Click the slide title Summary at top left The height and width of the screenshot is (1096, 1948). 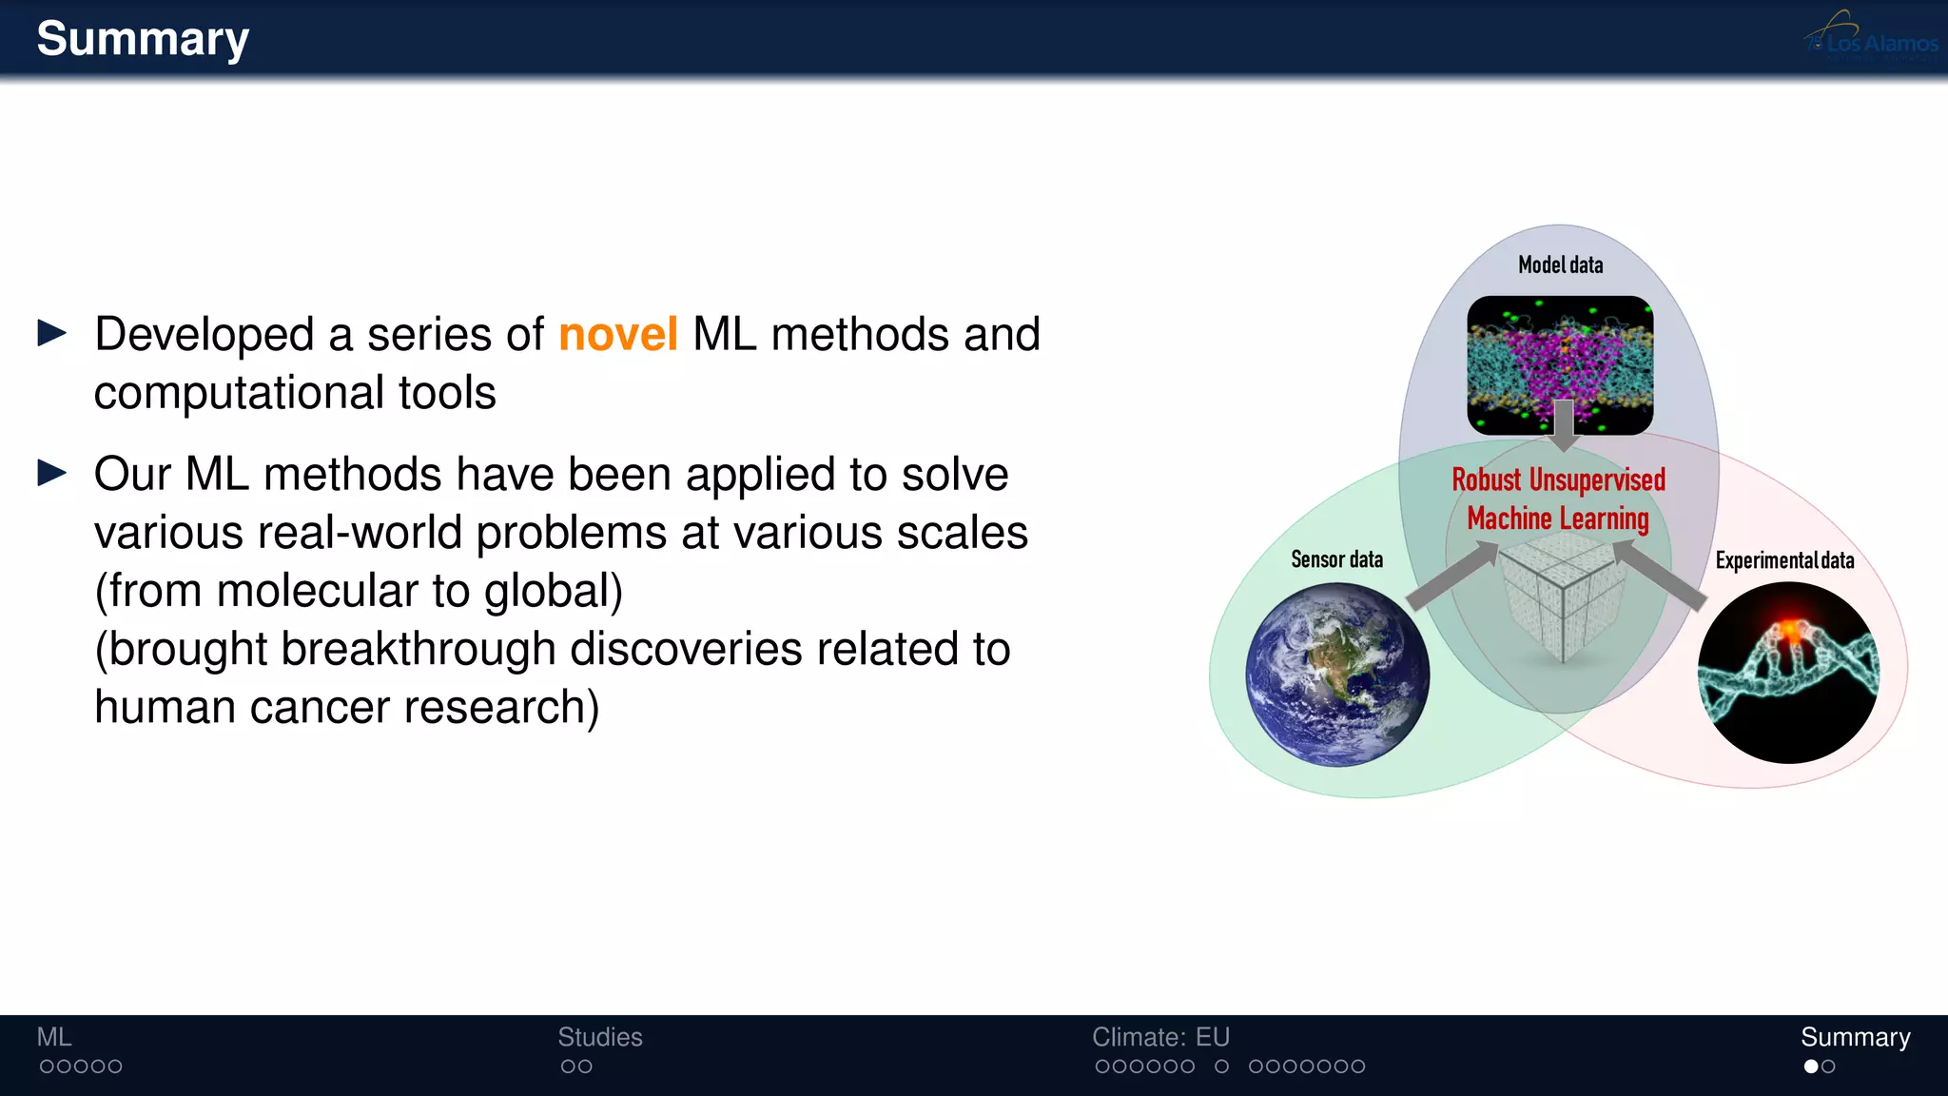[143, 40]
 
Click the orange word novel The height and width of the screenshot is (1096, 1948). [617, 335]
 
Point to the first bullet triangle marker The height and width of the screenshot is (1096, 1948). [51, 333]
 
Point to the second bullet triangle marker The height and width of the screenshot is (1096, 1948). [51, 473]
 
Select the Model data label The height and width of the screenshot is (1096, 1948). [1560, 265]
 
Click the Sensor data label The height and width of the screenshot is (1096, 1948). [1336, 559]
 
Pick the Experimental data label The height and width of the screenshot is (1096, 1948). [1784, 560]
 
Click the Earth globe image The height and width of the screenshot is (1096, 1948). [1337, 675]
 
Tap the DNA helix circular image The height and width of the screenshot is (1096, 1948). [1788, 673]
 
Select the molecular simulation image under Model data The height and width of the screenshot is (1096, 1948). [1560, 365]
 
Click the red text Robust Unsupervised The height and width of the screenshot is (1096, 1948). [1558, 480]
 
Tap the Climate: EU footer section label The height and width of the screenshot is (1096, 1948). [1160, 1037]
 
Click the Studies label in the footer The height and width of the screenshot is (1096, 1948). [599, 1037]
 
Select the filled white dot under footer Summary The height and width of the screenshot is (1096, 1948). [1811, 1067]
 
